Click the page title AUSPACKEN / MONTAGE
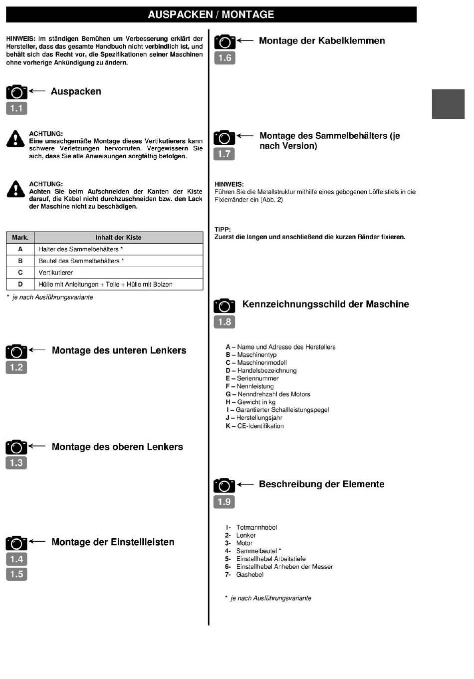(211, 14)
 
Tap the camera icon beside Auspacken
(16, 92)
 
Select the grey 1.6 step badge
(225, 58)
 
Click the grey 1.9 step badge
(224, 502)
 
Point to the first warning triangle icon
(15, 139)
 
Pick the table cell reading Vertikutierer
(56, 273)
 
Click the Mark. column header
(20, 238)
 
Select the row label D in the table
(20, 284)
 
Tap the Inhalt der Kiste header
(118, 238)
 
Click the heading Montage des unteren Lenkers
(119, 350)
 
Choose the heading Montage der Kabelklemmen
(322, 41)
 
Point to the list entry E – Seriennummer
(252, 378)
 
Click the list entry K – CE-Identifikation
(254, 426)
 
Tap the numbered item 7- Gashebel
(244, 575)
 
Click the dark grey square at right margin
(448, 104)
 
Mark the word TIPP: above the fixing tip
(223, 230)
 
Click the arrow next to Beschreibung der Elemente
(245, 484)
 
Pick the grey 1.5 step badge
(16, 574)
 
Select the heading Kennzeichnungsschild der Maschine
(325, 305)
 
